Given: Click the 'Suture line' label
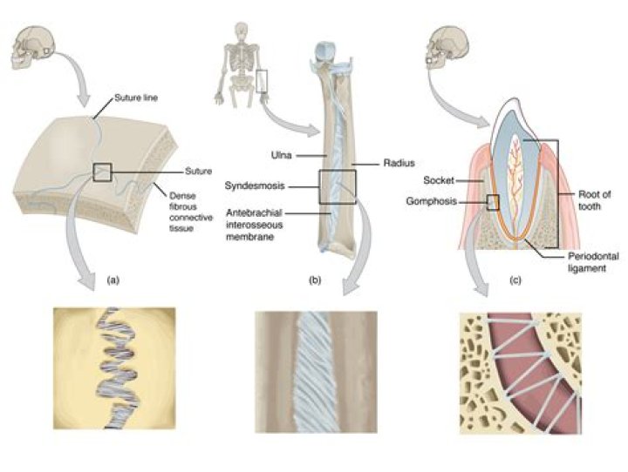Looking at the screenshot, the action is [x=136, y=98].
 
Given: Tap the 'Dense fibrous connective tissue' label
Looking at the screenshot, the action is [x=191, y=212].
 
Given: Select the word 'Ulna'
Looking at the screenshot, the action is [x=281, y=155].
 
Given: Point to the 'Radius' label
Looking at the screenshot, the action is [x=399, y=163].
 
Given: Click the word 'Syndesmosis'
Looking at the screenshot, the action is [x=255, y=185].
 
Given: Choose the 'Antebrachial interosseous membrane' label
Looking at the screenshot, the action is [x=255, y=225].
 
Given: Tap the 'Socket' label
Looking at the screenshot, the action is [x=439, y=180].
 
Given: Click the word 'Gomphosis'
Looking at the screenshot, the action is [x=432, y=201].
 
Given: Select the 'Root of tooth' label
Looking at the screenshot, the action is [x=594, y=200].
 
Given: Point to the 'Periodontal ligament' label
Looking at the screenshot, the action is [x=593, y=262].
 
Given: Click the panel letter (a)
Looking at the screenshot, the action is [x=113, y=280].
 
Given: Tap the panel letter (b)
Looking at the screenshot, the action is [x=314, y=280].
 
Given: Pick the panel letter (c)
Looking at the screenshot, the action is [x=515, y=280].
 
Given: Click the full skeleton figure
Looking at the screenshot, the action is [x=241, y=64].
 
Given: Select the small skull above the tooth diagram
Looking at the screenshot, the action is [x=447, y=48].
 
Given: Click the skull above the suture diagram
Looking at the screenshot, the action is [x=32, y=48].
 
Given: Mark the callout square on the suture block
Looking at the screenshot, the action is [x=102, y=172].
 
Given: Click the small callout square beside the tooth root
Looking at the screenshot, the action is [x=493, y=202].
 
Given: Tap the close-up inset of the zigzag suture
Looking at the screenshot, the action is [x=114, y=368].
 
